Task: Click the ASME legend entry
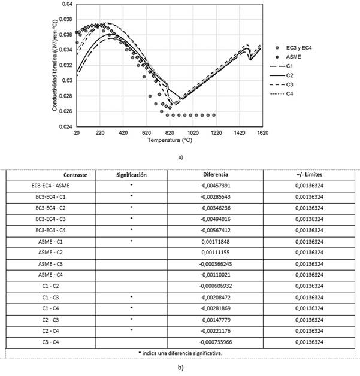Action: (x=293, y=55)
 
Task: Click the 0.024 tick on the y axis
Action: (x=64, y=127)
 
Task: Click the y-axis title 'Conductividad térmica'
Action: (x=55, y=66)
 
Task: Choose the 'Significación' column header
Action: (x=131, y=175)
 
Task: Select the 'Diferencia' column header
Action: (x=216, y=175)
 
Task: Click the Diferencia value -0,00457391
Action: (x=216, y=186)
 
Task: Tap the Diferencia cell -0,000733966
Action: (x=216, y=340)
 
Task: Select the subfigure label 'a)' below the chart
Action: (x=180, y=157)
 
